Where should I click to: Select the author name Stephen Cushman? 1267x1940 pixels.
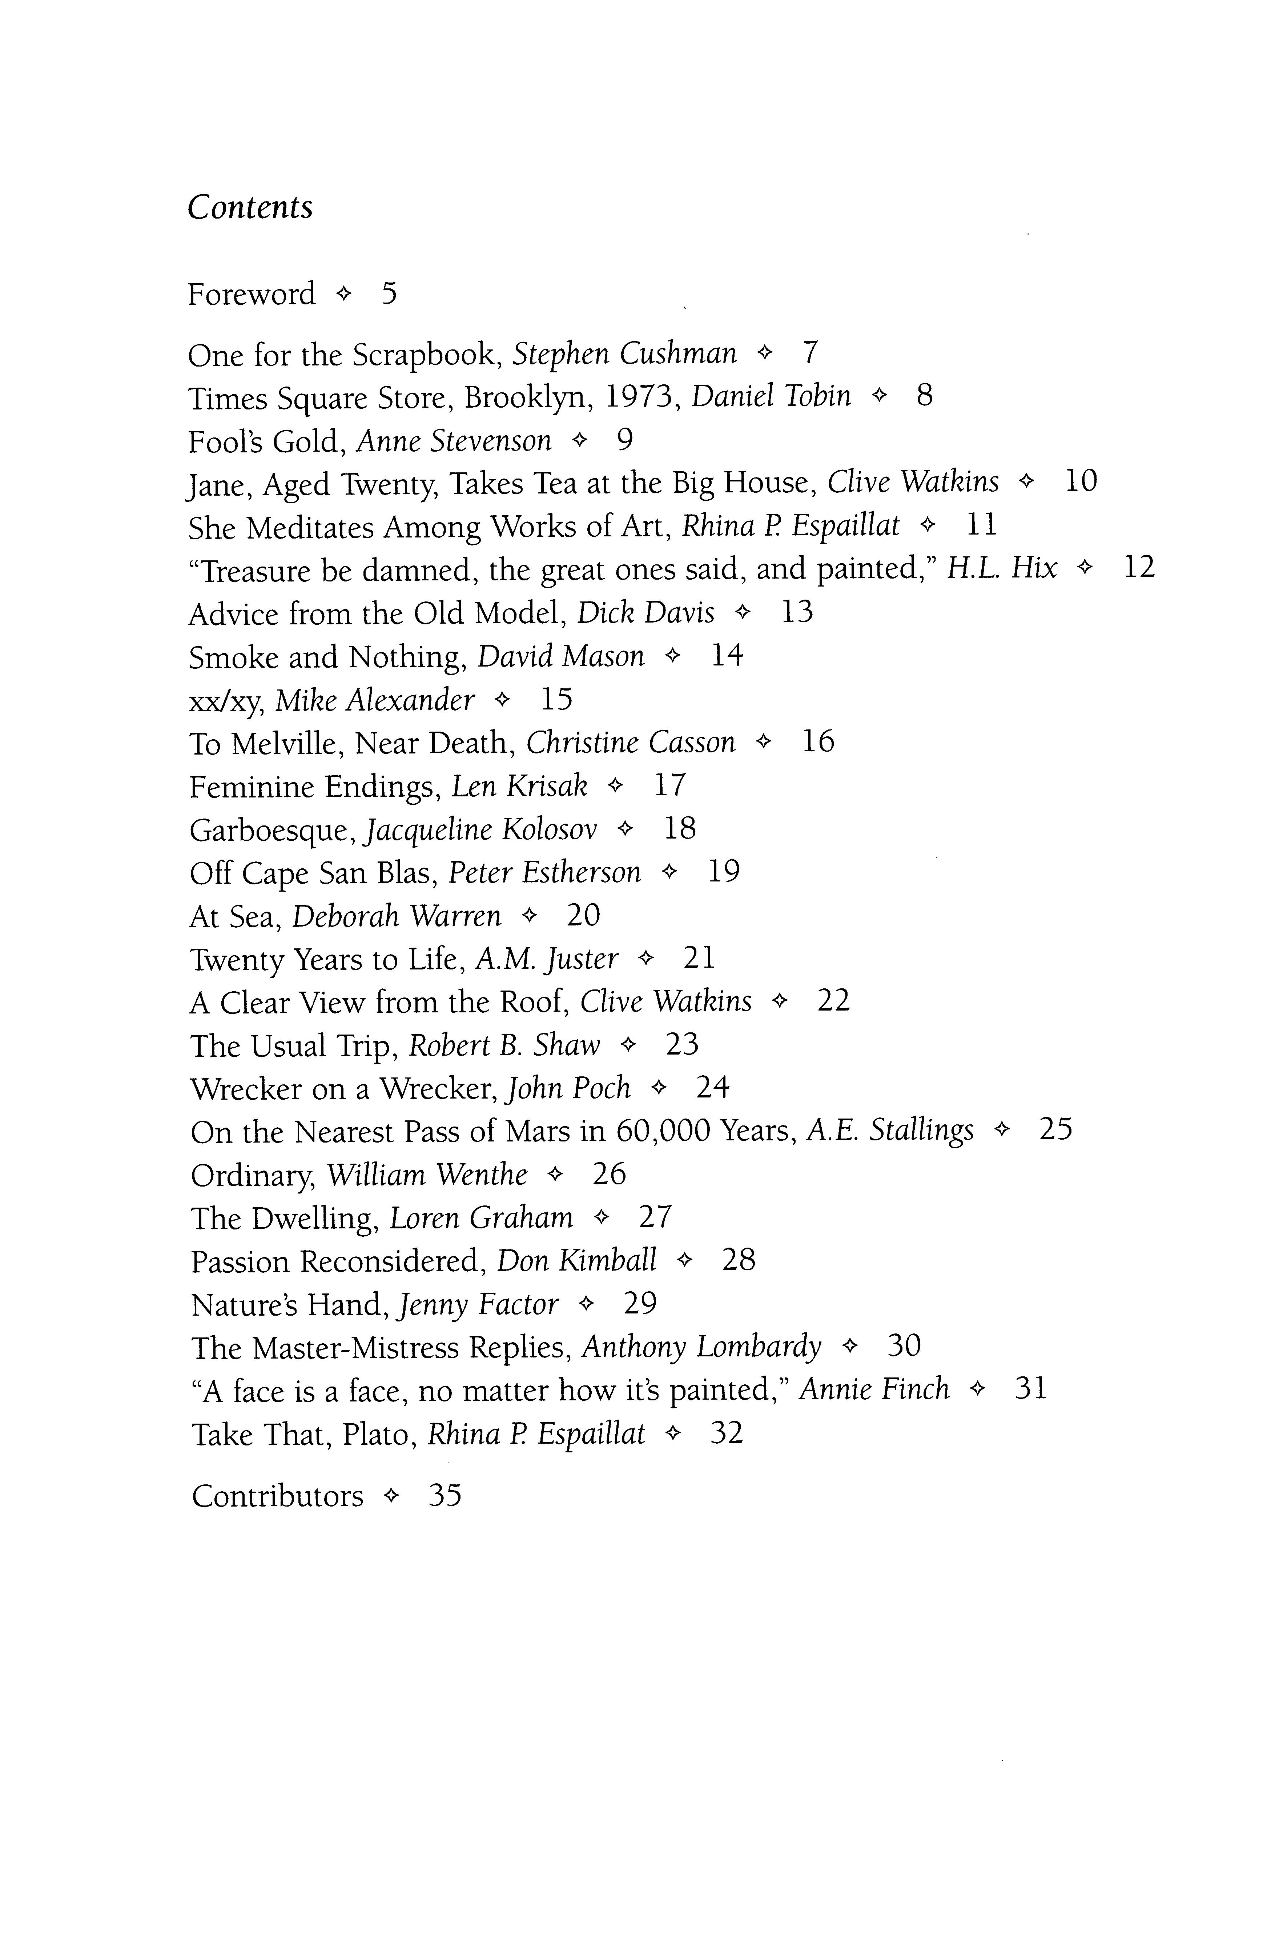point(624,354)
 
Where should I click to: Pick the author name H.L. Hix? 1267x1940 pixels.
point(1001,568)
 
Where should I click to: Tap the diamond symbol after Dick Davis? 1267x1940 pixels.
point(741,612)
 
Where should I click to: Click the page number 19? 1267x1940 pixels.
point(724,872)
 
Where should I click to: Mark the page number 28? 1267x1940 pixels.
point(738,1260)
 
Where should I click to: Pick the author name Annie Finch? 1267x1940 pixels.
point(874,1389)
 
